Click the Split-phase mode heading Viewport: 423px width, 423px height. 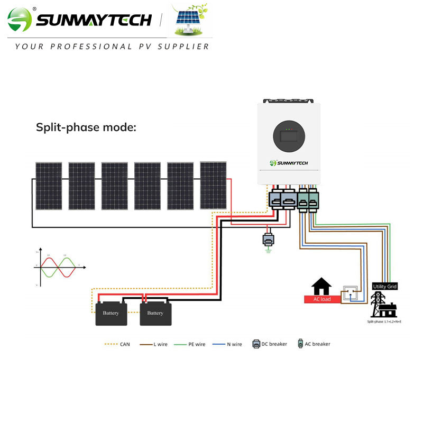pyautogui.click(x=86, y=127)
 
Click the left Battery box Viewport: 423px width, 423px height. pyautogui.click(x=111, y=313)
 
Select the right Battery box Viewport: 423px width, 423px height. pyautogui.click(x=155, y=313)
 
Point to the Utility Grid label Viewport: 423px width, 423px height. pyautogui.click(x=384, y=286)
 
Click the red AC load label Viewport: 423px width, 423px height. pyautogui.click(x=323, y=299)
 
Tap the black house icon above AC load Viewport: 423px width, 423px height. pyautogui.click(x=321, y=287)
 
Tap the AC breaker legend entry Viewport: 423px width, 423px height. pyautogui.click(x=314, y=344)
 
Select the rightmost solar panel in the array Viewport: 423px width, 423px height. pyautogui.click(x=213, y=185)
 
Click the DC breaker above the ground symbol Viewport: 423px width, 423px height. pyautogui.click(x=268, y=239)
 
